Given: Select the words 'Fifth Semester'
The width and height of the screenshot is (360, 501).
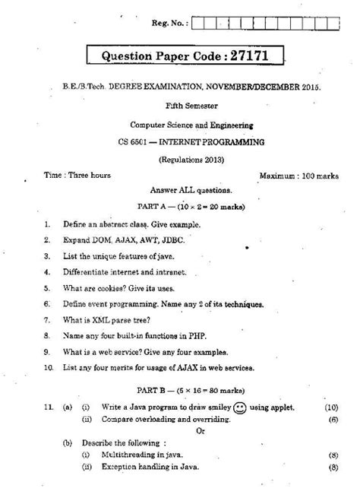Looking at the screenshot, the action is click(x=180, y=107).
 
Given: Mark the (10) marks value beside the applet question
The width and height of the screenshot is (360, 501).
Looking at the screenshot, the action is click(x=331, y=408).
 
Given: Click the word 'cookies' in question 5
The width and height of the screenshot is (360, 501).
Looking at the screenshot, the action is click(x=104, y=287).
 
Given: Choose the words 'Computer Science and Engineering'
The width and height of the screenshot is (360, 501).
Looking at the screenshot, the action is click(x=180, y=124).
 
